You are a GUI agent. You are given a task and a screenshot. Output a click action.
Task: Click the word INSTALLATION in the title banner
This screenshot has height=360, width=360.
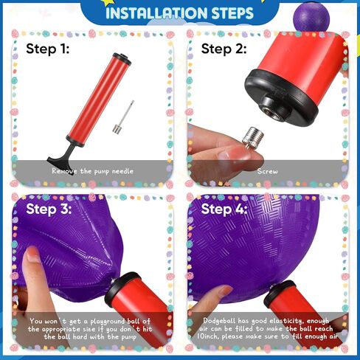coord(156,13)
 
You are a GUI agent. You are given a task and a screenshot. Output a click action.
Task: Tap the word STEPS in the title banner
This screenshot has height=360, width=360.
coord(232,13)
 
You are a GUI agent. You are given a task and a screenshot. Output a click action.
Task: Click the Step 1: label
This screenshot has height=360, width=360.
coord(48,49)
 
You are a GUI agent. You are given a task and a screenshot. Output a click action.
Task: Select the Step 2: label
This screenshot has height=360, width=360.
coord(224,49)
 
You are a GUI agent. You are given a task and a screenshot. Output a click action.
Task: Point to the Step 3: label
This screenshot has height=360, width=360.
coord(49,210)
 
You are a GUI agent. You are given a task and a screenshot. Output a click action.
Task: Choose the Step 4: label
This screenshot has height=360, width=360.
coord(224,210)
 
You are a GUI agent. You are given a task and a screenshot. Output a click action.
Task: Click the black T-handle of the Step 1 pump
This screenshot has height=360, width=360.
coord(61,156)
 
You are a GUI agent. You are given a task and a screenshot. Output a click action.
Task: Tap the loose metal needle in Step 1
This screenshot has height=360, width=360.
coord(123,117)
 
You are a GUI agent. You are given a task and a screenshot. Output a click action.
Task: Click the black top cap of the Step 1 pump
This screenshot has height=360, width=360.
coord(122,59)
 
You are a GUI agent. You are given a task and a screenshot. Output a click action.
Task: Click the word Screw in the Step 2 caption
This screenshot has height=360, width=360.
coord(267,171)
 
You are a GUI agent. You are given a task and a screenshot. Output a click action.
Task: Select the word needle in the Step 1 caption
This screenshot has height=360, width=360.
coord(122,171)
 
